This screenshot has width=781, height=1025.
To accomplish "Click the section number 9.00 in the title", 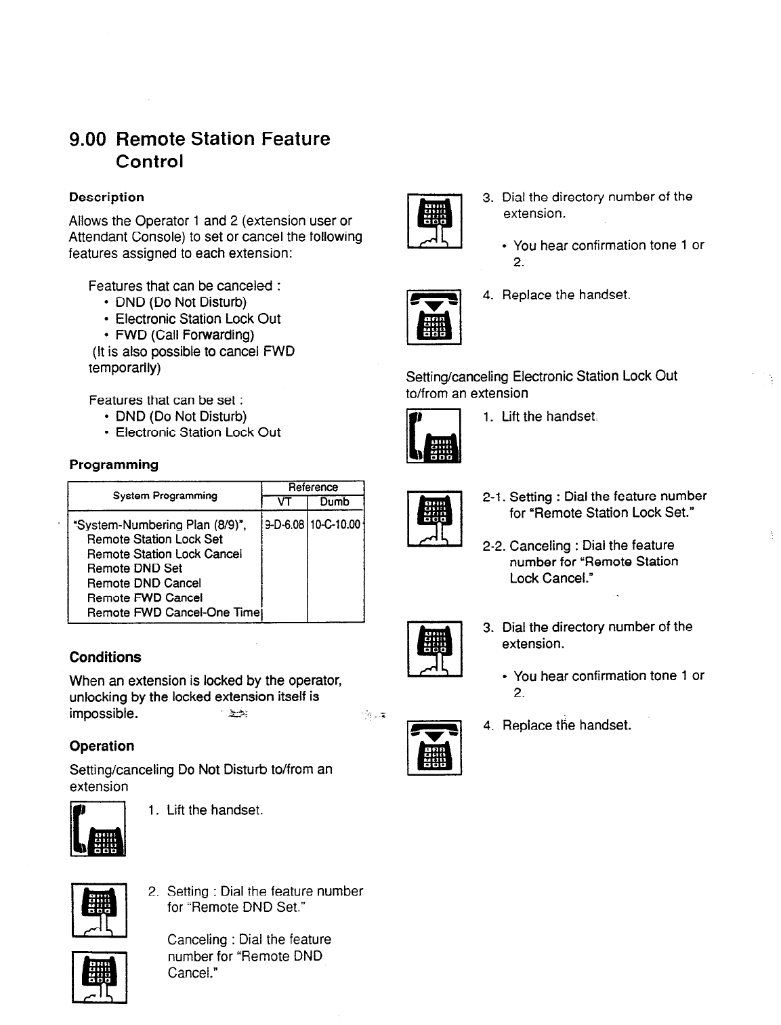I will click(88, 140).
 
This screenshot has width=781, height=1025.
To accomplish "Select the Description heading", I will click(106, 197).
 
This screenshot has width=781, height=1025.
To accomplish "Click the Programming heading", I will click(114, 465).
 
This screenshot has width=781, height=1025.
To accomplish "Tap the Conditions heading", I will click(105, 657).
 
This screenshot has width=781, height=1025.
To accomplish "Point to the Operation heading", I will click(102, 746).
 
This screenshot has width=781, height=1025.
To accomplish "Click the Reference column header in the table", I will click(313, 487).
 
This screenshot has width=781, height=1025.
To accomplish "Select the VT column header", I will click(284, 502).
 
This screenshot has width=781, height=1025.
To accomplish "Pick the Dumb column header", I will click(335, 502).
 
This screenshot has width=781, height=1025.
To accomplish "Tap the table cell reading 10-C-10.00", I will click(336, 524).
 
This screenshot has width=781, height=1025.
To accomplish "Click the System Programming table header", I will click(165, 495).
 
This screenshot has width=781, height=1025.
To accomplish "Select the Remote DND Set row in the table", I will click(135, 568).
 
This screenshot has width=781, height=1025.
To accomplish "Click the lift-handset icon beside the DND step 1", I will click(98, 829).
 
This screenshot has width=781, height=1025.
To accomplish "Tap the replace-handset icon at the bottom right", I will click(434, 748).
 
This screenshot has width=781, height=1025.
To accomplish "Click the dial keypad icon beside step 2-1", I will click(434, 518).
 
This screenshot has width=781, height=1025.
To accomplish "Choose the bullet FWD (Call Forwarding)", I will click(185, 335).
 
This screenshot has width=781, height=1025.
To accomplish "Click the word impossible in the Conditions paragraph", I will click(104, 714).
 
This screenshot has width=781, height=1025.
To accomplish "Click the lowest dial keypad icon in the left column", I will click(100, 977).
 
